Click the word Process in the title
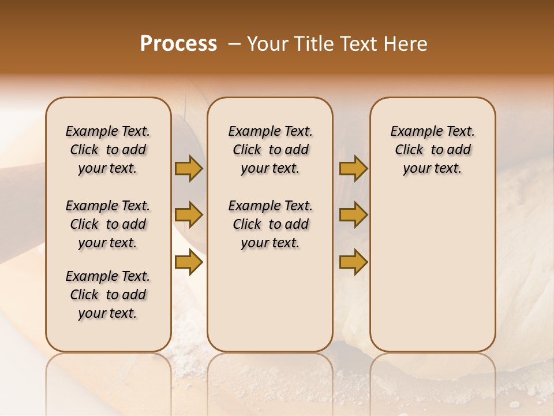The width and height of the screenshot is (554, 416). click(178, 44)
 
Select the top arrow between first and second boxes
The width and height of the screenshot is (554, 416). click(189, 168)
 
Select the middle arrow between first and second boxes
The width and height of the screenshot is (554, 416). click(189, 215)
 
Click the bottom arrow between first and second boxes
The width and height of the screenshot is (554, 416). click(189, 262)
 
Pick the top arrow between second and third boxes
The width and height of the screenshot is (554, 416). click(353, 168)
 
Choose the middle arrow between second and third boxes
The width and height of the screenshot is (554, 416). click(353, 215)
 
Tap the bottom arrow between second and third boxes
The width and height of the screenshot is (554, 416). click(353, 262)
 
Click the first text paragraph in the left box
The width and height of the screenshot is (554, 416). click(108, 150)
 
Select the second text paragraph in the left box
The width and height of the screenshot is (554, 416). click(108, 224)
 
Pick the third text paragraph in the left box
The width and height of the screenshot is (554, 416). click(108, 295)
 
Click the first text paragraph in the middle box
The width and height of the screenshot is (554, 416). click(270, 150)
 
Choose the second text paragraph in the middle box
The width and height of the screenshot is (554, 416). click(270, 224)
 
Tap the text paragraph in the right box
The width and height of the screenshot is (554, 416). click(433, 150)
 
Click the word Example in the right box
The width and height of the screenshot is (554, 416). click(412, 132)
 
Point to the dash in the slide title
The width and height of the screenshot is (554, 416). click(234, 44)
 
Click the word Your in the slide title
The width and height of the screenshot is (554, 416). click(267, 44)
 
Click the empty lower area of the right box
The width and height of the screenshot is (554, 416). click(433, 272)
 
